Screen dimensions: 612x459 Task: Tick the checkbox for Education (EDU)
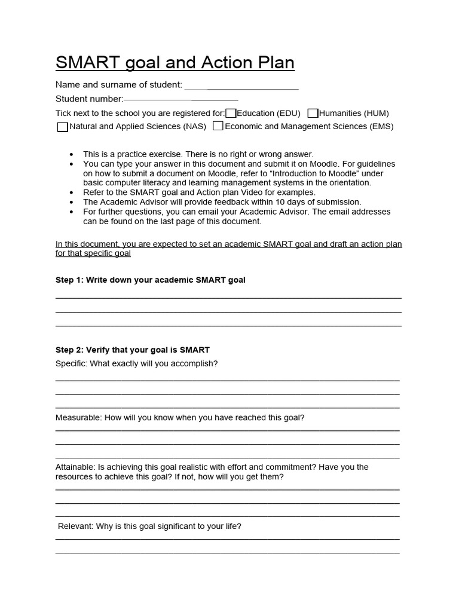click(231, 113)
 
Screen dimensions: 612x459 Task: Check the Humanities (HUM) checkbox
click(313, 113)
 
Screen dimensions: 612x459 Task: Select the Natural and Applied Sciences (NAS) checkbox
click(62, 127)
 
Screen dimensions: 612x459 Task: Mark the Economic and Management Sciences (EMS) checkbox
click(218, 126)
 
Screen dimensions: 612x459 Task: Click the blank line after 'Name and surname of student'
click(241, 88)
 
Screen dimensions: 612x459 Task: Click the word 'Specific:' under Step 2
click(71, 363)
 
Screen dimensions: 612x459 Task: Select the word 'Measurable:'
click(78, 418)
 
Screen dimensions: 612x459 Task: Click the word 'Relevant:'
click(75, 527)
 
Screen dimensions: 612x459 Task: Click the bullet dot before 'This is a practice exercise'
click(72, 154)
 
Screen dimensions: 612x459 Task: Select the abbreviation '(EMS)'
click(381, 126)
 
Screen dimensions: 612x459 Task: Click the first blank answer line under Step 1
click(228, 298)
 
